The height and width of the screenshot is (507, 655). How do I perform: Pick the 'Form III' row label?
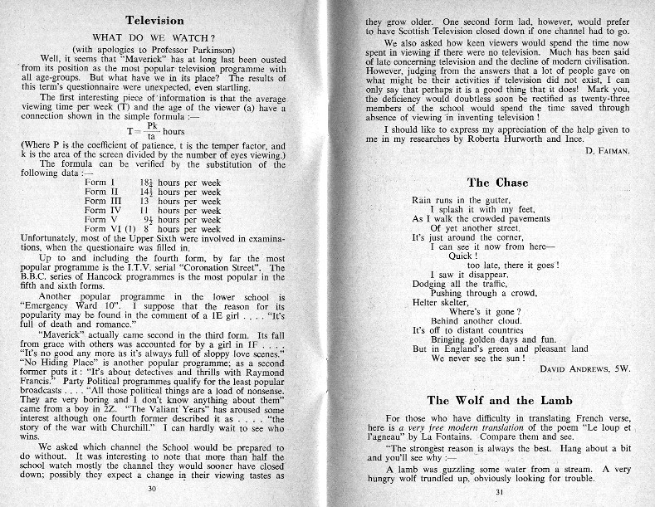pos(103,202)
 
